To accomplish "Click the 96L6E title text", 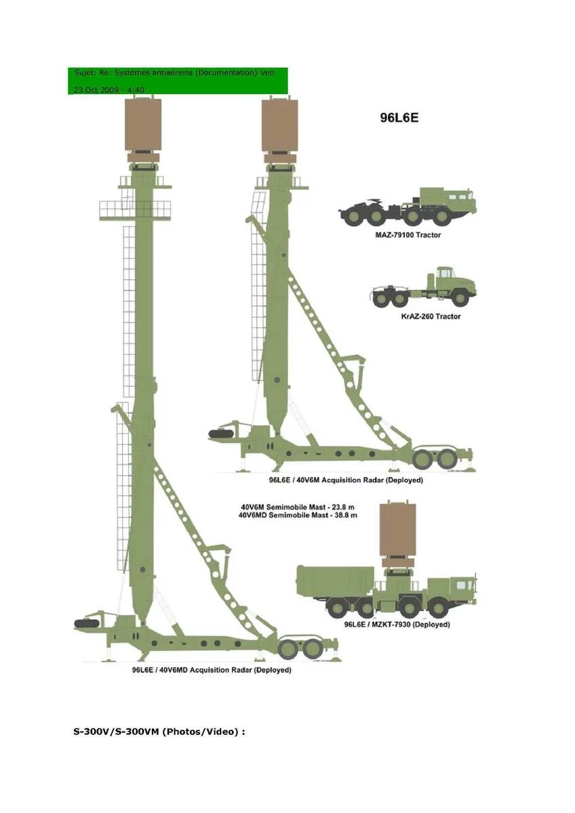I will pyautogui.click(x=399, y=117).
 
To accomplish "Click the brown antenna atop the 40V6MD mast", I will pyautogui.click(x=143, y=125).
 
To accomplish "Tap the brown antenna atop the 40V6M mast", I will pyautogui.click(x=279, y=125).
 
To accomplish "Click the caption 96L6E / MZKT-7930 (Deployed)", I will pyautogui.click(x=397, y=625).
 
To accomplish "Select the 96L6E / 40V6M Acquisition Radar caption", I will pyautogui.click(x=346, y=480).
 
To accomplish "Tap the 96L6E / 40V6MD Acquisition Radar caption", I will pyautogui.click(x=212, y=670).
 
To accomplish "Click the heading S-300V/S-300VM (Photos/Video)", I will pyautogui.click(x=159, y=732).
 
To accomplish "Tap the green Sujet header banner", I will pyautogui.click(x=178, y=81).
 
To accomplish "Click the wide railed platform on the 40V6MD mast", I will pyautogui.click(x=135, y=209).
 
